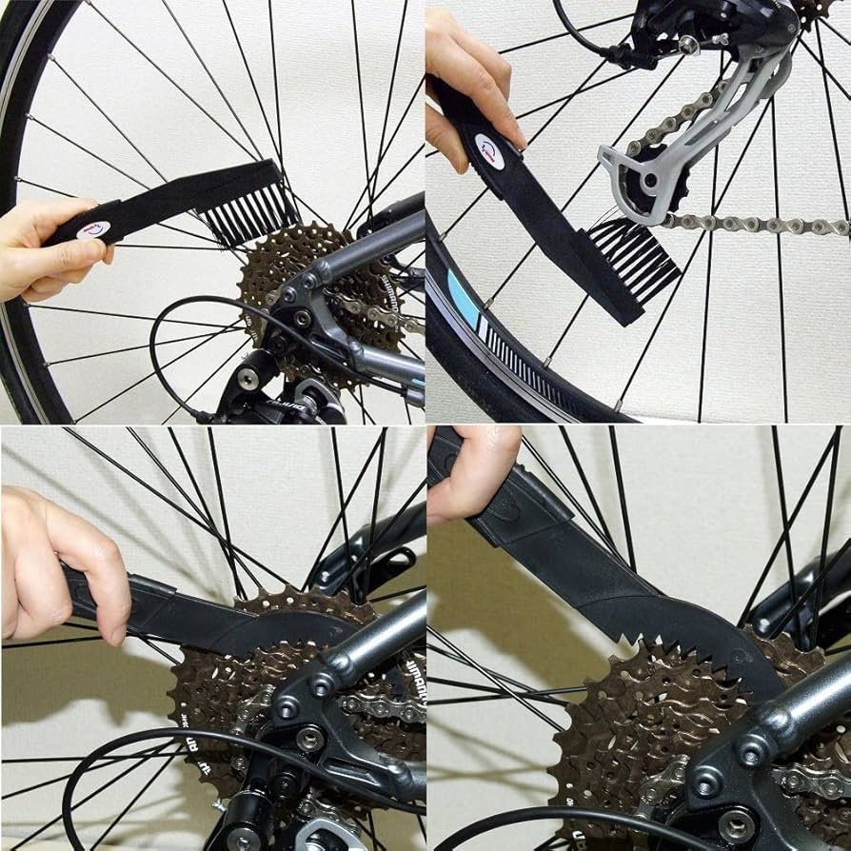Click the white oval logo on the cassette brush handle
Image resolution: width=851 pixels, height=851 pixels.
coord(93,229)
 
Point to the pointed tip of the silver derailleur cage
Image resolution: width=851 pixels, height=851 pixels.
coord(605,153)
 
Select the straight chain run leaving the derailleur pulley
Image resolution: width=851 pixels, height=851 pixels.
coord(762,226)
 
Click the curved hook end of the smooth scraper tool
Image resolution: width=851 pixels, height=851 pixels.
coord(314,628)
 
